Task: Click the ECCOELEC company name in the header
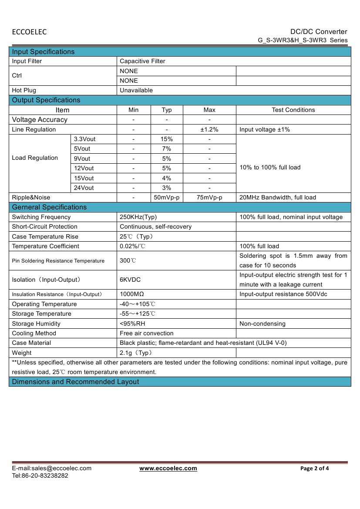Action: pyautogui.click(x=29, y=32)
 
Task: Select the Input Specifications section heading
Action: pyautogui.click(x=43, y=52)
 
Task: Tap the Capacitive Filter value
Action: pyautogui.click(x=142, y=61)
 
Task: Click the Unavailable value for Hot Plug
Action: pyautogui.click(x=136, y=91)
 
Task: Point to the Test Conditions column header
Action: pyautogui.click(x=293, y=110)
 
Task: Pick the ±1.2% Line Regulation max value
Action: pyautogui.click(x=209, y=130)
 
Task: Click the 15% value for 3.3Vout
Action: pyautogui.click(x=167, y=139)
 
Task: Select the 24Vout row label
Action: pyautogui.click(x=84, y=188)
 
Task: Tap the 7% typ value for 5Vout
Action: pyautogui.click(x=167, y=149)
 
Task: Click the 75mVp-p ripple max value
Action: pyautogui.click(x=209, y=198)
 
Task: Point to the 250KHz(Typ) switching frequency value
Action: pyautogui.click(x=138, y=217)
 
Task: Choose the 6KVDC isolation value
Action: pyautogui.click(x=130, y=280)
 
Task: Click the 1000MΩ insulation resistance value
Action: pyautogui.click(x=132, y=294)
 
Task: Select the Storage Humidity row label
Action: pyautogui.click(x=36, y=324)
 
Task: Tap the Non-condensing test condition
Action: pyautogui.click(x=262, y=324)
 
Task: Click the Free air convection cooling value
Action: pyautogui.click(x=146, y=334)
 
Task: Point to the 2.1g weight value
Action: pyautogui.click(x=136, y=353)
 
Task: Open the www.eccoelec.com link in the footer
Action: pyautogui.click(x=168, y=469)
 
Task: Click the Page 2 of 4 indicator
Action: pyautogui.click(x=315, y=469)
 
